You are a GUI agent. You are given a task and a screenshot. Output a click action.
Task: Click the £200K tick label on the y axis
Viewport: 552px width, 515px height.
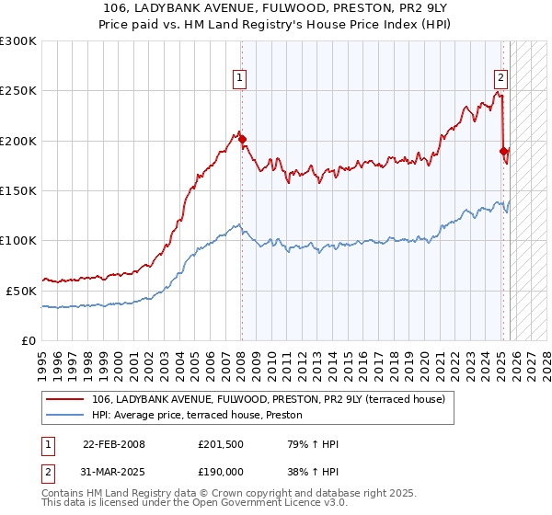18,141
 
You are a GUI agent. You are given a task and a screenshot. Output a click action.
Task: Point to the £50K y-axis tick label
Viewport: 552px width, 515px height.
21,291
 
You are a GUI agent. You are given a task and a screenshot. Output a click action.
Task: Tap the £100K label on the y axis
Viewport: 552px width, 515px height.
18,240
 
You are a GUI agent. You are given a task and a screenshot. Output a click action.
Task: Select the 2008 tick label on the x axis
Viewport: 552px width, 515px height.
241,359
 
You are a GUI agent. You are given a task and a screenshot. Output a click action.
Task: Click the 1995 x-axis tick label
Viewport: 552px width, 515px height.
42,359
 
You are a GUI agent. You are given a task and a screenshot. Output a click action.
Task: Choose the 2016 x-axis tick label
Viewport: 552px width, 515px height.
363,359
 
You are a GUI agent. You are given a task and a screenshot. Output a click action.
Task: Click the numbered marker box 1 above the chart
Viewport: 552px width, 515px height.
239,79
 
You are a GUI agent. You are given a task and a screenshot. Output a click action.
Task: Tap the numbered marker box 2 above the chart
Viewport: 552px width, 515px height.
501,79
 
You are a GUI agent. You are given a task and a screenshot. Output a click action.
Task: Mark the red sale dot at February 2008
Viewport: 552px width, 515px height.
242,140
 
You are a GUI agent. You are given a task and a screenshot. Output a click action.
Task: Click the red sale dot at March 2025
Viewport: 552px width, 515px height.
503,151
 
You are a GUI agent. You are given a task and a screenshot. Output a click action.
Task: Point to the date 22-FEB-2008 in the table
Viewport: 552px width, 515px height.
114,444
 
